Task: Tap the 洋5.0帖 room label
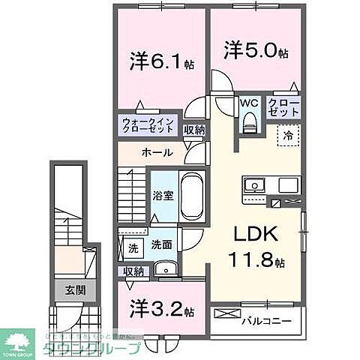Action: coord(255,51)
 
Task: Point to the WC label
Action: coord(250,104)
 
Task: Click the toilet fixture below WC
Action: coord(250,122)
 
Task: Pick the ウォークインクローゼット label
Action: coord(148,125)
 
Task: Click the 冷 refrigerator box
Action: coord(289,135)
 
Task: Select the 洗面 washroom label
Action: coord(161,244)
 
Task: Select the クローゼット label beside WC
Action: coord(283,106)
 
